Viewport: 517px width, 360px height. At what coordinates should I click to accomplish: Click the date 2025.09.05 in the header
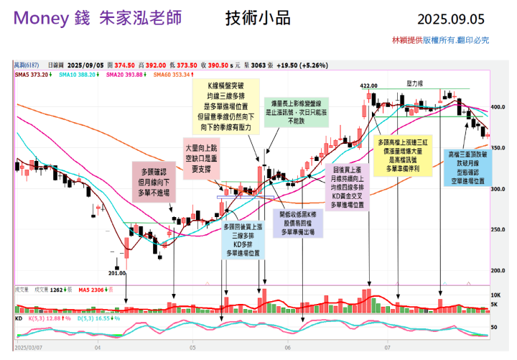point(450,19)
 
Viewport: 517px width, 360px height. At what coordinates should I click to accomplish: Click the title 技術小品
point(251,18)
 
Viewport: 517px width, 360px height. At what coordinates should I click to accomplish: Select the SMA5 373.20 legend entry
point(32,74)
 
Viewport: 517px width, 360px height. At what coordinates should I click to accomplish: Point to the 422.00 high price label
point(368,86)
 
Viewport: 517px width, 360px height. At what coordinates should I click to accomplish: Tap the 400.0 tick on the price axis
point(498,107)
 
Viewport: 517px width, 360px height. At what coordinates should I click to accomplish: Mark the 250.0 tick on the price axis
point(498,230)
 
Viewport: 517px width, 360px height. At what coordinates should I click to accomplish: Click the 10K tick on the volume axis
point(495,295)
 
